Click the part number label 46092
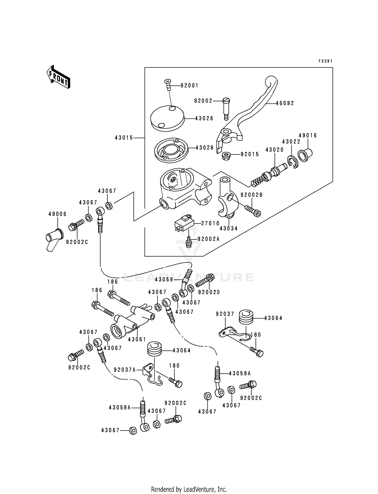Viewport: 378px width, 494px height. (x=285, y=103)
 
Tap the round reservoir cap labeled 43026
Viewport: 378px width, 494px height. (x=168, y=118)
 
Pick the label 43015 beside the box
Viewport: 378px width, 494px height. (x=124, y=138)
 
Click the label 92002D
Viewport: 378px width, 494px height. (x=209, y=292)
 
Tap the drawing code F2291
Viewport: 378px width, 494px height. (x=325, y=61)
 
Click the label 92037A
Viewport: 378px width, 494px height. (x=125, y=370)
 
